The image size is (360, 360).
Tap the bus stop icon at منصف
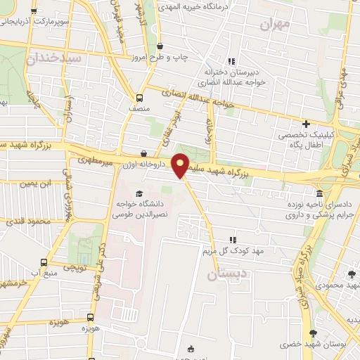[x=139, y=98]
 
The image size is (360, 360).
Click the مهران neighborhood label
[x=274, y=25]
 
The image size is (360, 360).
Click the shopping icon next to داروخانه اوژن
[x=144, y=153]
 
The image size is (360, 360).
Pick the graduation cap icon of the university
[x=139, y=193]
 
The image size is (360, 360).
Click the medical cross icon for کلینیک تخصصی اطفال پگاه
[x=305, y=124]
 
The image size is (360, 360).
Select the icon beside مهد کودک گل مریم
[x=233, y=240]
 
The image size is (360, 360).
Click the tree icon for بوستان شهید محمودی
[x=351, y=274]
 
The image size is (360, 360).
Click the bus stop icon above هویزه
[x=90, y=318]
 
